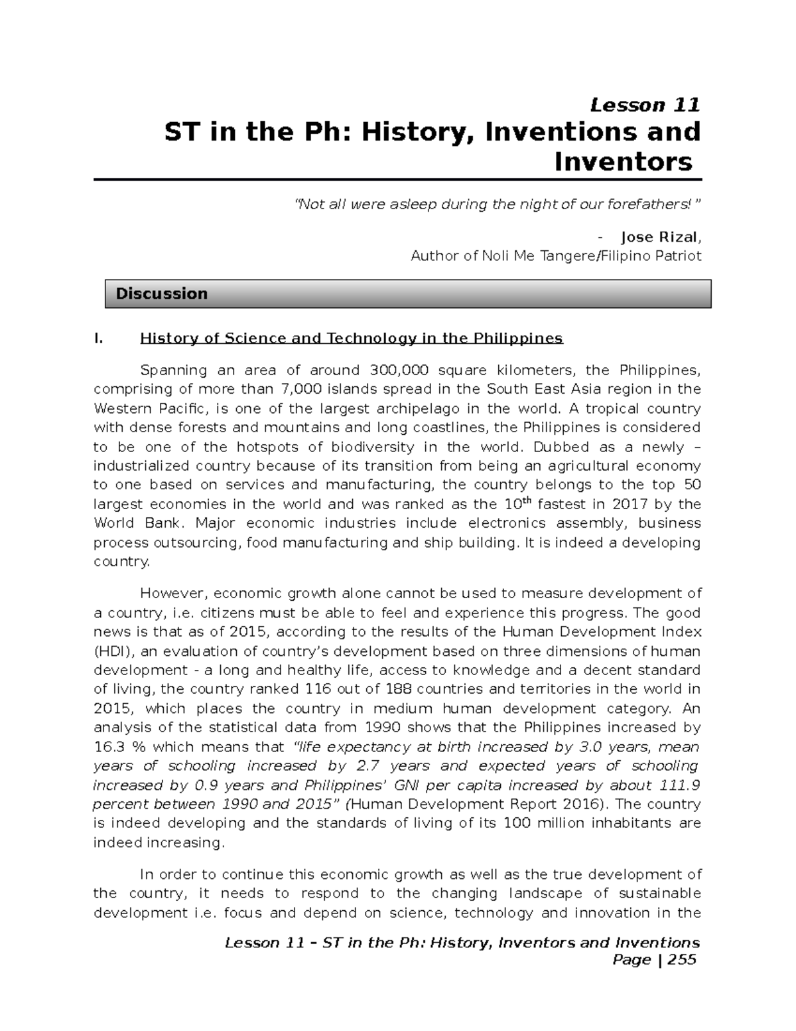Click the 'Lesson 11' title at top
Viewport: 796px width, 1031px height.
coord(645,105)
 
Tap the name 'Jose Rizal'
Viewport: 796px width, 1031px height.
coord(659,237)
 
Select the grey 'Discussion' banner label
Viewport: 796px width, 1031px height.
coord(161,293)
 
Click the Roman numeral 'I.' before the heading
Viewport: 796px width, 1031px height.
coord(99,339)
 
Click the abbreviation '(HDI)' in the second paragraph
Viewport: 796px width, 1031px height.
coord(113,651)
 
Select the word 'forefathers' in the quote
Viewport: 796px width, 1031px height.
coord(647,204)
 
